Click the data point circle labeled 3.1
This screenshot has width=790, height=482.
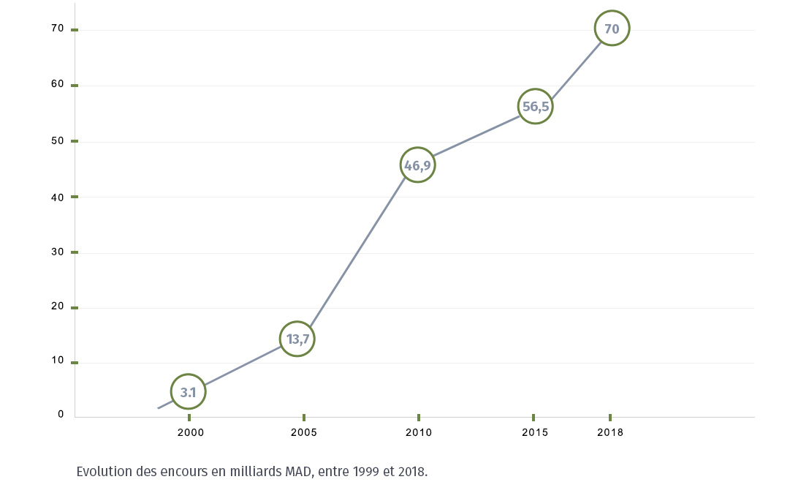click(x=189, y=392)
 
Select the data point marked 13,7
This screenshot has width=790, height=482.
click(x=297, y=339)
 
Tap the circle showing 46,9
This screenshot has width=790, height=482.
click(x=417, y=165)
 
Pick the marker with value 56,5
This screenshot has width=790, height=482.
click(x=535, y=106)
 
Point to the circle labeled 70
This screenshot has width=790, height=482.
click(x=612, y=29)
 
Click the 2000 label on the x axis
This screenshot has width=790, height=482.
click(x=191, y=432)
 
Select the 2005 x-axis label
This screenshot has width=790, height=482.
click(x=304, y=432)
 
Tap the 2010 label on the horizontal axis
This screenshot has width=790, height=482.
click(x=419, y=432)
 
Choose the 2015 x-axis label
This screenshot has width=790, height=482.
click(x=535, y=432)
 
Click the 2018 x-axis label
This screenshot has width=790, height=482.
click(x=610, y=432)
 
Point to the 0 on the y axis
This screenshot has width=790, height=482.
click(x=61, y=414)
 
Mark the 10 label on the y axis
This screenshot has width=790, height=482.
click(x=58, y=359)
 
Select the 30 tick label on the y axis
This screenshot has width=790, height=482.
click(x=58, y=251)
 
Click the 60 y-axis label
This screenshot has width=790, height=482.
click(x=58, y=84)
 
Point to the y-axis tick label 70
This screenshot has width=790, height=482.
click(x=58, y=29)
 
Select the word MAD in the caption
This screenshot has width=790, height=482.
click(x=300, y=471)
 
